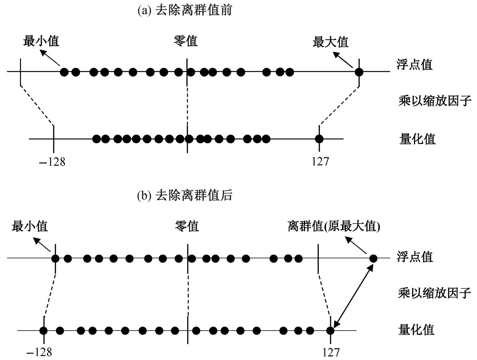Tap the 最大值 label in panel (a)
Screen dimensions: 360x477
(x=330, y=42)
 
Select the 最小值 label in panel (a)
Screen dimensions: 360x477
(x=41, y=41)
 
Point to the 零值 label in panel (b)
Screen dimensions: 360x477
(x=187, y=226)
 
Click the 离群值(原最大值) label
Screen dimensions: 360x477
(x=334, y=226)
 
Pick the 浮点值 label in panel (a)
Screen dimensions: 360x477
(x=414, y=64)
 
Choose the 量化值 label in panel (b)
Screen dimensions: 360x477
(x=416, y=329)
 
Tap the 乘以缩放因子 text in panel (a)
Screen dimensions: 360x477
(x=435, y=101)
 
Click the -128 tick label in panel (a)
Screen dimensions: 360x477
(x=52, y=162)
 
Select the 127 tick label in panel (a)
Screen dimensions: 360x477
(x=320, y=161)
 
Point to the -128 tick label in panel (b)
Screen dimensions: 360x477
(x=39, y=352)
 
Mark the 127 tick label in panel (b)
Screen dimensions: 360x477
(x=331, y=352)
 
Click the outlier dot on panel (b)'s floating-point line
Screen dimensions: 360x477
(x=373, y=258)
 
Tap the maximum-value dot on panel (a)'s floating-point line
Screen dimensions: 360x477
(x=359, y=72)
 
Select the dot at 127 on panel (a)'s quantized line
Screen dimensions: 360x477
(x=319, y=139)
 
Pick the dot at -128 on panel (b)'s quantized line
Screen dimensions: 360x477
(x=43, y=330)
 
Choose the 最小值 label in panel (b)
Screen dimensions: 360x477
(x=30, y=226)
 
